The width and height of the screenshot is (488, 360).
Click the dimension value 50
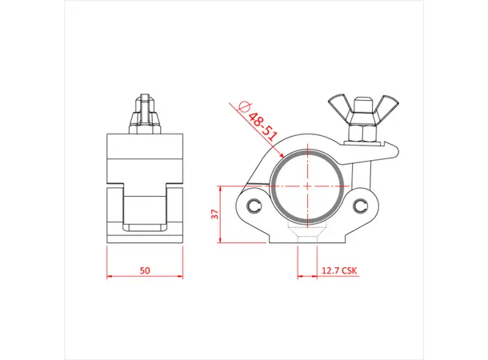tap(145, 270)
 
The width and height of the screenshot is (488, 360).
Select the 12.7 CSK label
tap(339, 270)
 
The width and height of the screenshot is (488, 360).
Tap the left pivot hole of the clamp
tap(255, 206)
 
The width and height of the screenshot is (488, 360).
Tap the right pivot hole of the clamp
tap(363, 206)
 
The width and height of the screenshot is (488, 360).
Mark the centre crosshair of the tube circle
tap(309, 185)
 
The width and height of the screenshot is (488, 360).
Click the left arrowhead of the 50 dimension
tap(110, 278)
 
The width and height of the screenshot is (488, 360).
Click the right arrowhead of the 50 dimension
tap(180, 278)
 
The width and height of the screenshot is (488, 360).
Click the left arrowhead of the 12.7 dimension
tap(299, 278)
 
